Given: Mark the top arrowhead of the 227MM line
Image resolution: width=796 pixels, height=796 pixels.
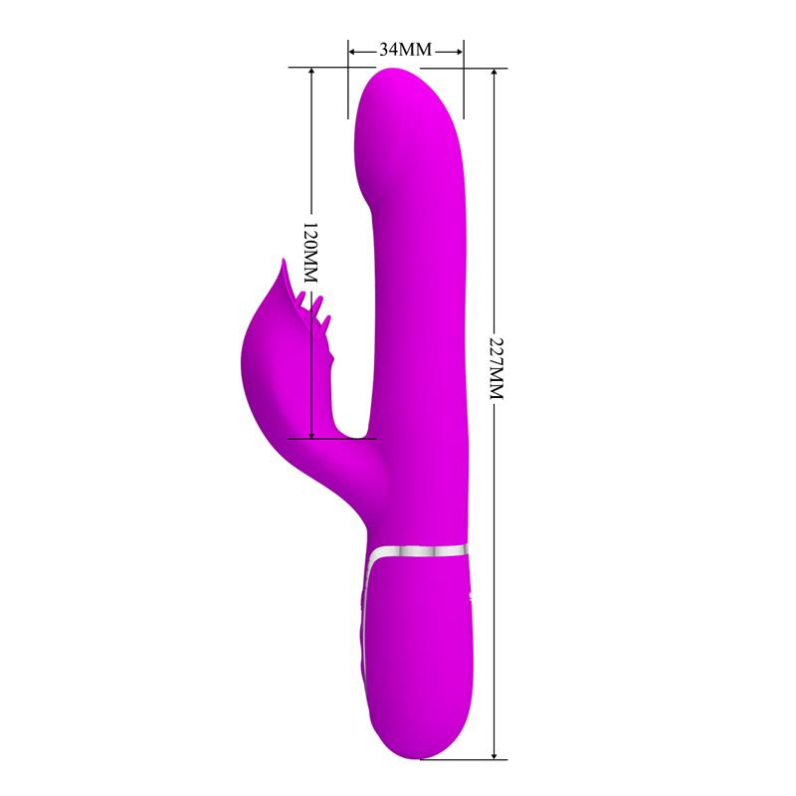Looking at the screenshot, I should (x=494, y=73).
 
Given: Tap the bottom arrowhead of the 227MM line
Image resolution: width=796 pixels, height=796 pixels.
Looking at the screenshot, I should (x=494, y=754).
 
